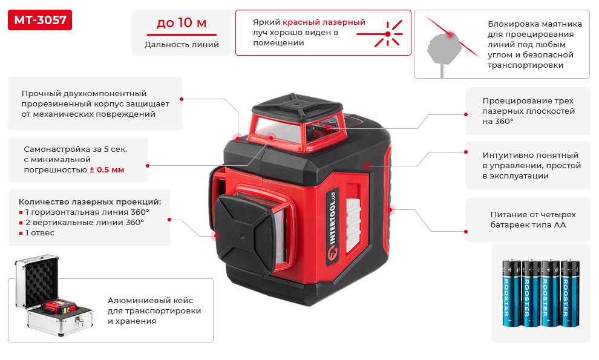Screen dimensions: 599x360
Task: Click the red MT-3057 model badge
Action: [40, 20]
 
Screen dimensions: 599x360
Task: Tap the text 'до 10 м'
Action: [182, 23]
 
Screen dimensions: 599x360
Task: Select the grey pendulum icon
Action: [443, 51]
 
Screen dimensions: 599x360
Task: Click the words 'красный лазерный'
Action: [324, 22]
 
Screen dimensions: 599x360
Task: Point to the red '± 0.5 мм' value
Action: [107, 169]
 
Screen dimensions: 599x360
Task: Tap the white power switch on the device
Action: [353, 225]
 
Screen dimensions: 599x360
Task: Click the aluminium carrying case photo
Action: [53, 296]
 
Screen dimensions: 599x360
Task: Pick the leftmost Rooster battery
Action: [511, 293]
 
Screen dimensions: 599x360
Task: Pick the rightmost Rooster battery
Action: [570, 293]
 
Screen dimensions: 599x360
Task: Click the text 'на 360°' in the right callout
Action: [498, 121]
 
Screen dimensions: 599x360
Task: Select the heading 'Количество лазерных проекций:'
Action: [90, 201]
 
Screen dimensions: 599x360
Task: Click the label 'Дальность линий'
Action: [182, 44]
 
